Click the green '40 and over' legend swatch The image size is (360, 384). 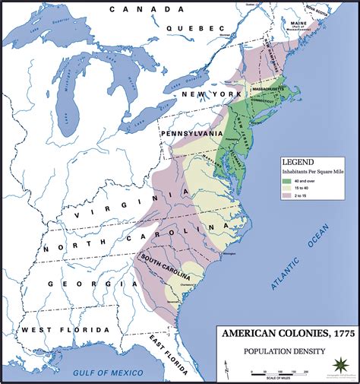click(x=288, y=182)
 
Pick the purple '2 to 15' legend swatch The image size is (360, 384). click(x=288, y=196)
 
